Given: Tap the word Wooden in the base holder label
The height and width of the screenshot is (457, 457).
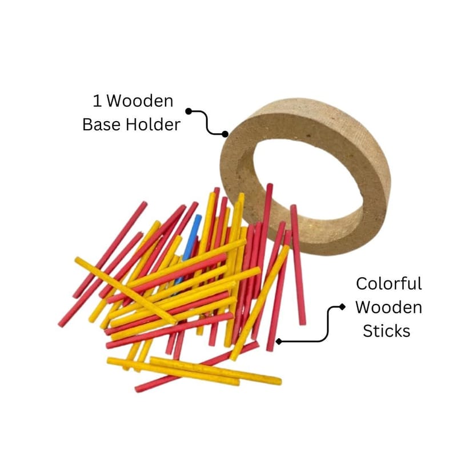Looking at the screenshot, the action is point(140,101).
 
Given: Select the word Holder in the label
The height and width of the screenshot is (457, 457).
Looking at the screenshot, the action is point(153,125).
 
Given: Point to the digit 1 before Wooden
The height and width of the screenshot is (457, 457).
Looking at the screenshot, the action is point(97,101).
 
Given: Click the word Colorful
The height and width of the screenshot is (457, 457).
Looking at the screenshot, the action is point(389,283).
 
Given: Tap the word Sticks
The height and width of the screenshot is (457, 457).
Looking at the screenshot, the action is point(387,331).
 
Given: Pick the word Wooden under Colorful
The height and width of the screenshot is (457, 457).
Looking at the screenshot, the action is point(389,307).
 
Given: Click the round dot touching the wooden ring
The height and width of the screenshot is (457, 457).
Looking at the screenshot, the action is point(225,134).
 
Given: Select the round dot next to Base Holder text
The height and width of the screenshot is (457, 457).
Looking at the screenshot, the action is point(189,111).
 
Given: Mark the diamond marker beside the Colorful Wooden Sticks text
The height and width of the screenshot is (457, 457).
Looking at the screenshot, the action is point(342,307).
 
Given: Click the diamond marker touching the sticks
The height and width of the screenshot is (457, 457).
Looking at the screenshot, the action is point(279,341).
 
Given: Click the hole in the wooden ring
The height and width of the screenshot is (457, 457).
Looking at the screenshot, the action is point(309,178).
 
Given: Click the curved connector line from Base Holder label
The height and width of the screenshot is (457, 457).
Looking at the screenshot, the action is point(207,123).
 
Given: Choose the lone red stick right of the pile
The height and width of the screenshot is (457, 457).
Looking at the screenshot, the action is point(298,264).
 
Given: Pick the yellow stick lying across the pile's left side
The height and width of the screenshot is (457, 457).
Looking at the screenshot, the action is point(126,290).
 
